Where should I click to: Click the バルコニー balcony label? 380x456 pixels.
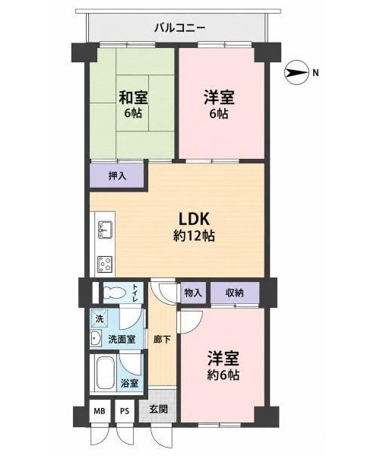(x=180, y=28)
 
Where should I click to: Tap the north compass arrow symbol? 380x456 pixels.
(x=296, y=73)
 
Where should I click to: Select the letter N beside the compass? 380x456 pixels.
(x=315, y=73)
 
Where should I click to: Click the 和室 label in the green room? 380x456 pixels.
(x=133, y=97)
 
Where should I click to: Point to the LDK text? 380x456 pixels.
(x=194, y=219)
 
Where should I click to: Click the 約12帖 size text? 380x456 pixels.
(x=194, y=236)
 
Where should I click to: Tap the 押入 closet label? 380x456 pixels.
(x=117, y=176)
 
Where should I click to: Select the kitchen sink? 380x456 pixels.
(x=105, y=230)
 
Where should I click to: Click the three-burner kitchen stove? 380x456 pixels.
(x=105, y=264)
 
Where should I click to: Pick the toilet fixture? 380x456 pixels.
(x=114, y=293)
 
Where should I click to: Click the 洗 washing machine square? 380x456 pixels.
(x=100, y=318)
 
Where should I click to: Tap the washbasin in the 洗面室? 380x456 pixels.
(x=95, y=338)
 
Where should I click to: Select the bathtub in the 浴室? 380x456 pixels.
(x=105, y=373)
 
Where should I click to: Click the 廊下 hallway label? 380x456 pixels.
(x=162, y=339)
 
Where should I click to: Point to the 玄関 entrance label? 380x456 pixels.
(x=158, y=410)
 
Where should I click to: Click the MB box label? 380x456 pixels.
(x=100, y=411)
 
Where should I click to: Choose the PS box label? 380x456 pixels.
(x=125, y=411)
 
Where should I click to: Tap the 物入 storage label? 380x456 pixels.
(x=193, y=293)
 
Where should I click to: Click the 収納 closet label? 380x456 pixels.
(x=235, y=293)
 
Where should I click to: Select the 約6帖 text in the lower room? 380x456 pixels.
(x=223, y=375)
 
